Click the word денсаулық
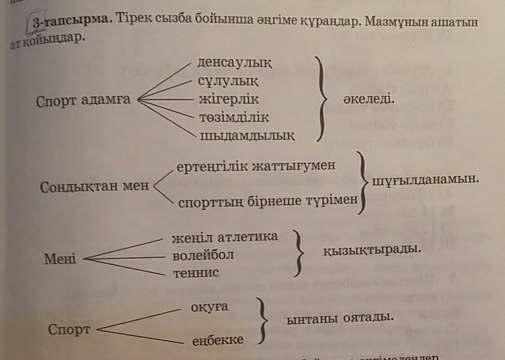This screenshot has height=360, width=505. (235, 63)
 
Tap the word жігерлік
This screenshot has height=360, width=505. (229, 100)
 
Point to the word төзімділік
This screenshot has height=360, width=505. (234, 117)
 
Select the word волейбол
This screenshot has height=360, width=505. (203, 255)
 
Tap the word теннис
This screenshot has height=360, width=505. (196, 273)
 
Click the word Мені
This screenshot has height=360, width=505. (60, 259)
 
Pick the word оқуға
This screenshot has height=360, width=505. (210, 307)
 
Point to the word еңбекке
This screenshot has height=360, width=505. (218, 340)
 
